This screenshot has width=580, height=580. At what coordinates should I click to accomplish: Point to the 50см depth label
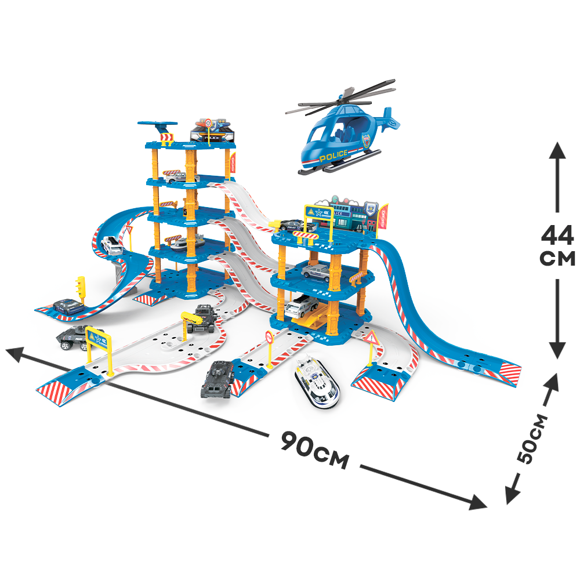(x=532, y=438)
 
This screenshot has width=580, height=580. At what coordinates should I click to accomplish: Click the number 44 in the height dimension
(x=557, y=235)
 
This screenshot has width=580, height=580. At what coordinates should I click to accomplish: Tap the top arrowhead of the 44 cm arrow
(x=557, y=150)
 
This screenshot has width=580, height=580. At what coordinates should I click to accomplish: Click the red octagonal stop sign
(x=269, y=336)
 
